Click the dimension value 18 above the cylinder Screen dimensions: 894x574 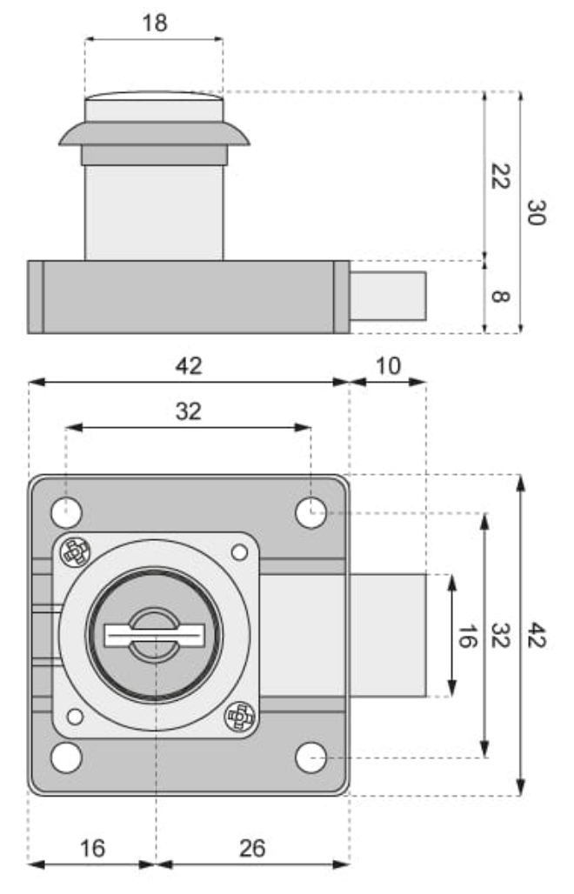click(154, 23)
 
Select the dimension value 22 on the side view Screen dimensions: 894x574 click(499, 177)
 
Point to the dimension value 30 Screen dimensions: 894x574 click(535, 211)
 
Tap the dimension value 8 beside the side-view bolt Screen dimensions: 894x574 click(499, 297)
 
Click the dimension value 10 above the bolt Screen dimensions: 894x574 click(388, 365)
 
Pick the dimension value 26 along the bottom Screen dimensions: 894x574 click(252, 847)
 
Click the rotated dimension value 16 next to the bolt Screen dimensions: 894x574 click(466, 636)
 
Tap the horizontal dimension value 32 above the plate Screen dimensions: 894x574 click(188, 411)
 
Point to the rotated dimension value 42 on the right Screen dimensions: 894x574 click(535, 636)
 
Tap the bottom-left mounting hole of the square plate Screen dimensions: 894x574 click(66, 757)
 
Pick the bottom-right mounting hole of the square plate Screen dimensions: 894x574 click(310, 757)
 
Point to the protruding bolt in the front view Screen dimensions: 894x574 click(387, 636)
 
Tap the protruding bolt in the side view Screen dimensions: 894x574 click(388, 296)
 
